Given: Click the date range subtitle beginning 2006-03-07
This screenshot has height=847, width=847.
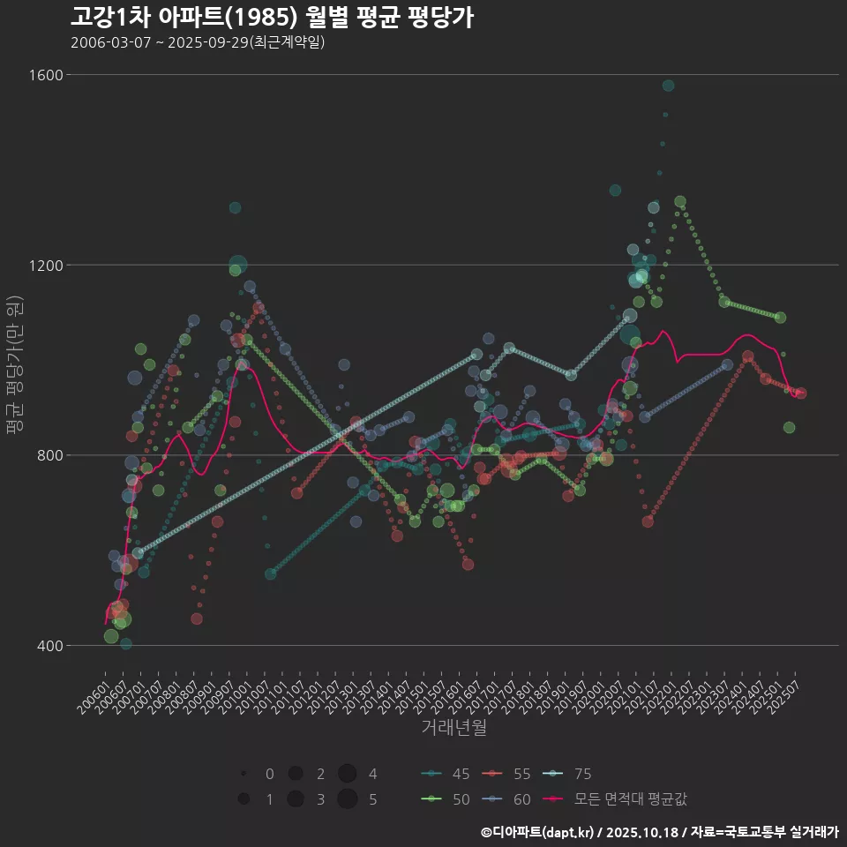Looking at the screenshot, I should point(198,42).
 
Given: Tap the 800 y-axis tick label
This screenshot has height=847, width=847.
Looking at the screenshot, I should point(52,455).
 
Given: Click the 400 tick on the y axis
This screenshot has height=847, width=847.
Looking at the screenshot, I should point(52,646).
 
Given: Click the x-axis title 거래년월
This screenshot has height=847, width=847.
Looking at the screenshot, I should point(453,727).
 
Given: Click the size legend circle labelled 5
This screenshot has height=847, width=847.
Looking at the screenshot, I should point(347,799).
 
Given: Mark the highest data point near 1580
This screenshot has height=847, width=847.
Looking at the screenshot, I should point(668,86).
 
